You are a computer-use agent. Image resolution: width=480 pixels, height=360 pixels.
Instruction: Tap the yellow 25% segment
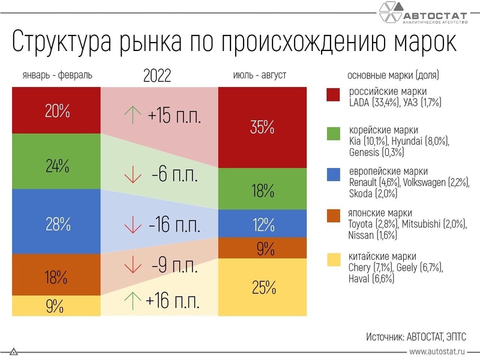click(263, 287)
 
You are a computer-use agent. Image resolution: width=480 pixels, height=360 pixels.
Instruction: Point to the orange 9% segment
click(263, 248)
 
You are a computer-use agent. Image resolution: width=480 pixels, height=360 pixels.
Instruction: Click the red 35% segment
click(263, 127)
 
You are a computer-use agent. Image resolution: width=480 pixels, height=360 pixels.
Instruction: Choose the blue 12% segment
click(263, 224)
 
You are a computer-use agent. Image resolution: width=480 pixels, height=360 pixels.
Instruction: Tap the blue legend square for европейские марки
click(334, 175)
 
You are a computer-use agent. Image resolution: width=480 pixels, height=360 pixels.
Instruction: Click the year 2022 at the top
click(158, 76)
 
